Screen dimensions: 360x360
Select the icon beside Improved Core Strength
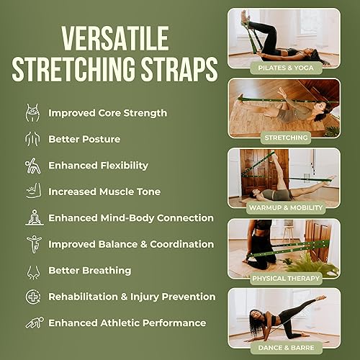coord(32,113)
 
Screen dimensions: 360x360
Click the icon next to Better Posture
coord(32,139)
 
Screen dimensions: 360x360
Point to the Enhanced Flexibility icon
coord(32,165)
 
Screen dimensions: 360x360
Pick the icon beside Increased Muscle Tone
coord(32,192)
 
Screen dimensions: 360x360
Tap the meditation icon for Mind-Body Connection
coord(32,217)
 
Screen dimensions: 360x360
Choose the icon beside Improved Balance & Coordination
coord(32,244)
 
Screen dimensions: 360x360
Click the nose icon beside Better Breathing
coord(32,271)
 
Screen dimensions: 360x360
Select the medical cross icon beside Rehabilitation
coord(32,297)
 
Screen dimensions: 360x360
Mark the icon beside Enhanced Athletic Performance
coord(32,323)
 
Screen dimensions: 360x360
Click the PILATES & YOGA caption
coord(284,67)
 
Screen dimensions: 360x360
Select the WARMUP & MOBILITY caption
coord(284,207)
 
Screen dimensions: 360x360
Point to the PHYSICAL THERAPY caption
coord(284,277)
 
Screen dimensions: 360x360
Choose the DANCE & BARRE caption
coord(284,347)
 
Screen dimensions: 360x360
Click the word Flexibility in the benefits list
coord(123,165)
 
